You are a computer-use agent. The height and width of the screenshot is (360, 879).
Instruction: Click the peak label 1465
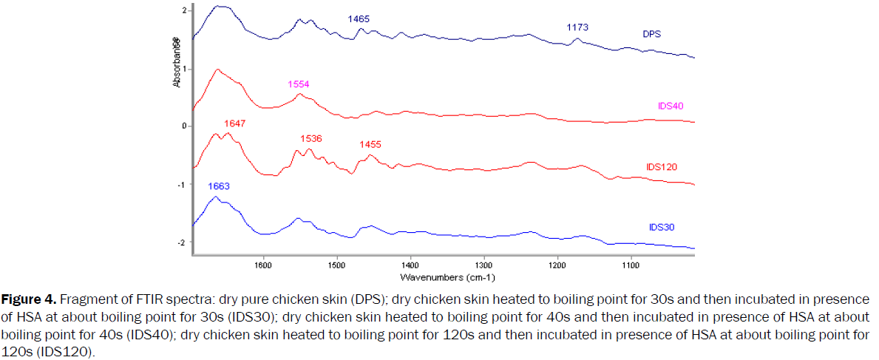[x=359, y=18]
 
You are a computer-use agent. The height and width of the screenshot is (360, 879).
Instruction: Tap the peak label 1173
[x=577, y=27]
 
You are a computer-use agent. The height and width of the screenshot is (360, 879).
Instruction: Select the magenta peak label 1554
[x=299, y=84]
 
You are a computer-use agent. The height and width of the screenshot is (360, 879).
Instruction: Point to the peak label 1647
[x=234, y=124]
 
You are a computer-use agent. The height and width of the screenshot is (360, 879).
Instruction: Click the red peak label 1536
[x=311, y=138]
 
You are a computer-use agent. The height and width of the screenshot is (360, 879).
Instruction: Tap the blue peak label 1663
[x=219, y=186]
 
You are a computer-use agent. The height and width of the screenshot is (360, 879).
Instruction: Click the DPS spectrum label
[x=651, y=34]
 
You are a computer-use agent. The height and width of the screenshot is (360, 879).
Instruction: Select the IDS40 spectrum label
[x=671, y=106]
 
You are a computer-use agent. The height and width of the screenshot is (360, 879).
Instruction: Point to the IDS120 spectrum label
[x=661, y=167]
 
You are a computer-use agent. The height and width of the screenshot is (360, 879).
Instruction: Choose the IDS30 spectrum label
[x=656, y=228]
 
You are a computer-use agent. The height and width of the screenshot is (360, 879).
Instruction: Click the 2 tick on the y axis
[x=183, y=10]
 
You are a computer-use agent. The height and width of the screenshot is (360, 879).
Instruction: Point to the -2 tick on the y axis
[x=181, y=242]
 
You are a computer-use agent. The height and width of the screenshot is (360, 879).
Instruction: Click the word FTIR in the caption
[x=130, y=299]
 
